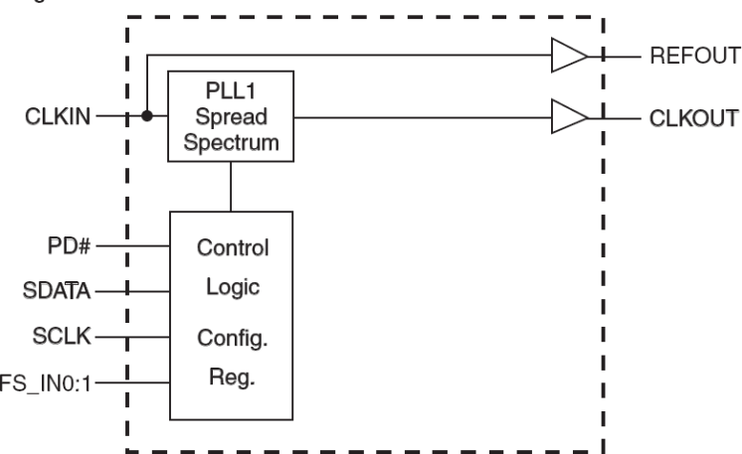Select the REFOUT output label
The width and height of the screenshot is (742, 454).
click(694, 57)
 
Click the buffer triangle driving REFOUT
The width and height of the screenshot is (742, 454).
click(568, 57)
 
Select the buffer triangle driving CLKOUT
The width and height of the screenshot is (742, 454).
click(568, 116)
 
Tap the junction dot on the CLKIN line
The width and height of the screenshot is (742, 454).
click(147, 116)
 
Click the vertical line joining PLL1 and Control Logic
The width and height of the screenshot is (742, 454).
click(232, 187)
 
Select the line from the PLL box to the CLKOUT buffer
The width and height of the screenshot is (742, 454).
click(418, 116)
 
